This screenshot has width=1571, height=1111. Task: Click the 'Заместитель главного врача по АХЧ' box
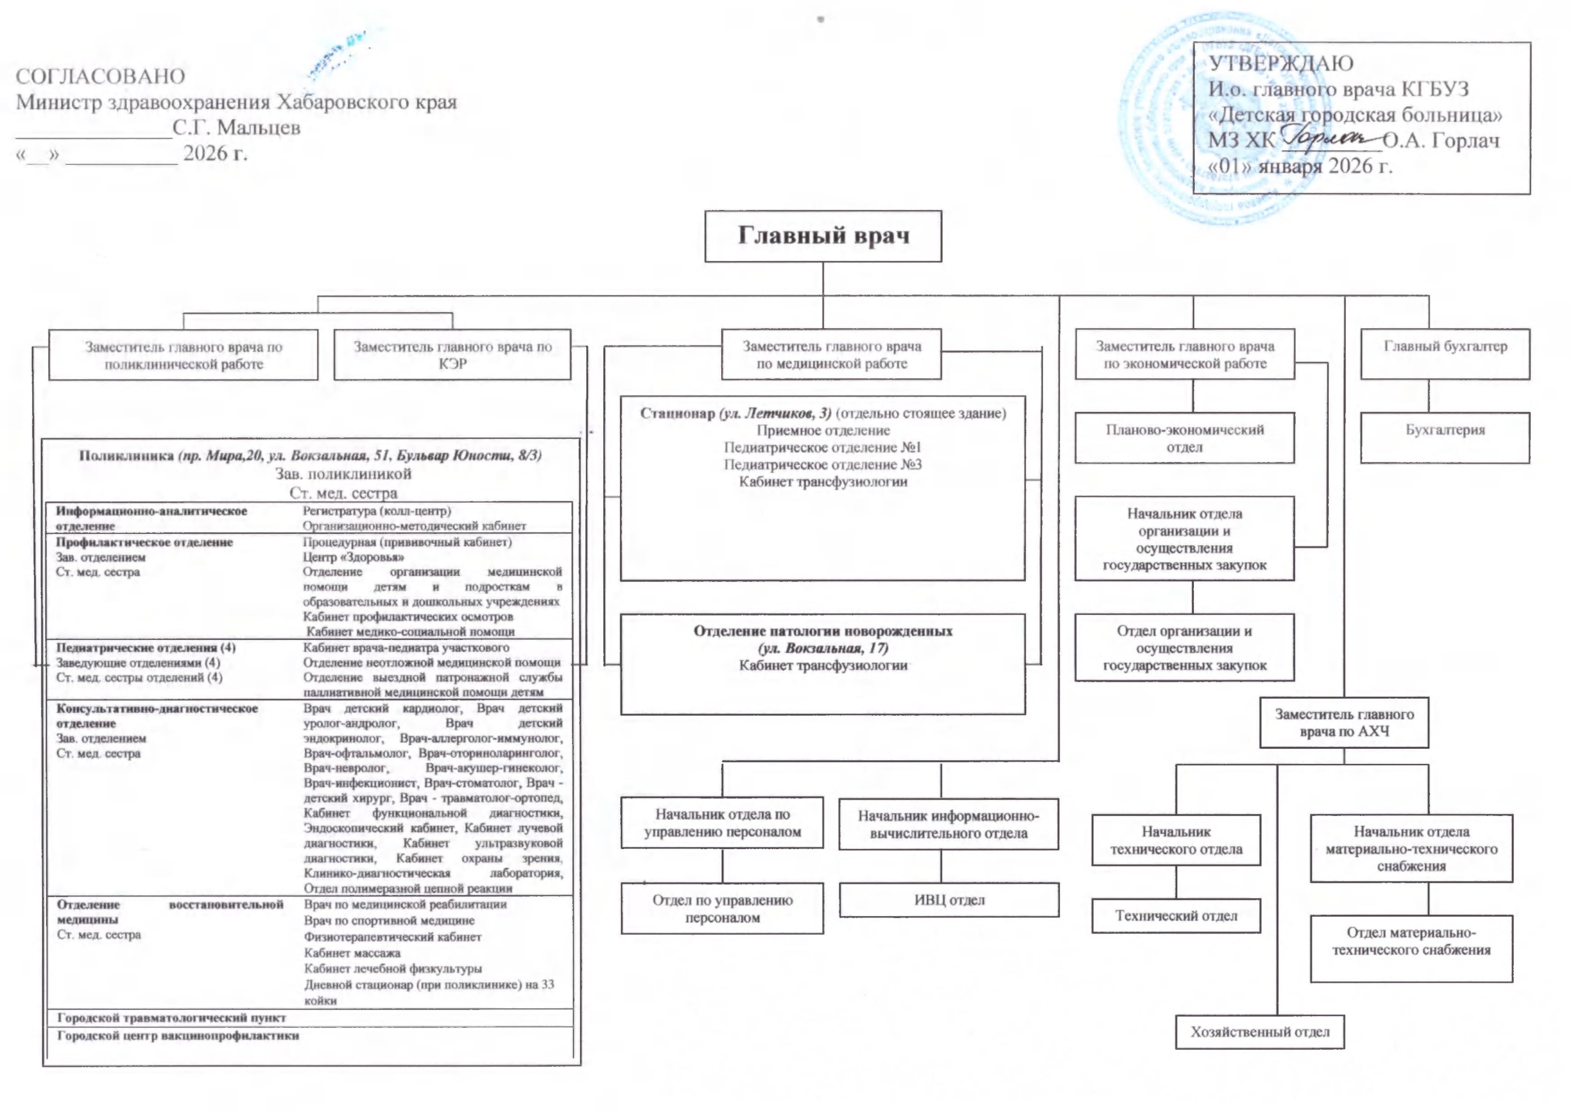point(1344,722)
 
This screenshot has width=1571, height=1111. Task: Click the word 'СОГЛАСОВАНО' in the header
point(101,76)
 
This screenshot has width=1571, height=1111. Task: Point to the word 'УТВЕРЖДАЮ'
point(1281,63)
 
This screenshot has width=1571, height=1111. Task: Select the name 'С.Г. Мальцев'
point(236,128)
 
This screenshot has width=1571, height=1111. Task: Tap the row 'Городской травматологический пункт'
point(171,1017)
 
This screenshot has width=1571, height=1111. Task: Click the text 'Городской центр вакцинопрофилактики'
point(178,1035)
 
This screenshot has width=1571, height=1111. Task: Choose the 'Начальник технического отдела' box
point(1175,840)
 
